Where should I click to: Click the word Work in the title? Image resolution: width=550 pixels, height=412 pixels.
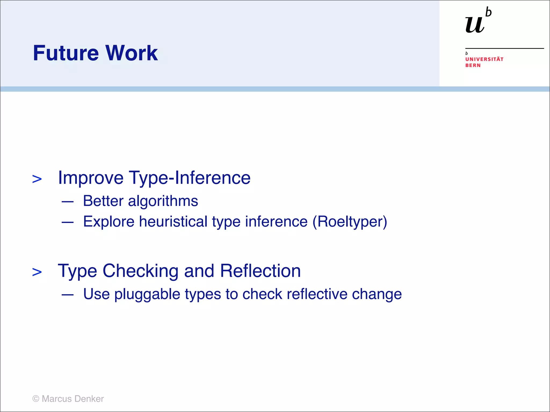131,53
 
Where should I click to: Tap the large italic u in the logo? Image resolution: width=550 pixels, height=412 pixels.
475,25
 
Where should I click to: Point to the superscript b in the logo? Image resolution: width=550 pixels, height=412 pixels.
489,13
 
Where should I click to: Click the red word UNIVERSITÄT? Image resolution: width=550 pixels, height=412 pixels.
484,59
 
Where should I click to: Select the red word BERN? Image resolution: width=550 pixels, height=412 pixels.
473,65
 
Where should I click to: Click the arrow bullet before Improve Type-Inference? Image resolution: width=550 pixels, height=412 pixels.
37,179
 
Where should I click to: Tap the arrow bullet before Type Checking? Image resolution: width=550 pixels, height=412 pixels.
37,272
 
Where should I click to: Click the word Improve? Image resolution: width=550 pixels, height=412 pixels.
91,178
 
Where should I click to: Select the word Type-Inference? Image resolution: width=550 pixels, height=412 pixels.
190,178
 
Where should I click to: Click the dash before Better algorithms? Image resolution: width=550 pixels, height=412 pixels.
67,201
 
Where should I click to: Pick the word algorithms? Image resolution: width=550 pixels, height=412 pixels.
163,201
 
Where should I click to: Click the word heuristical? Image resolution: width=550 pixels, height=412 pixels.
173,222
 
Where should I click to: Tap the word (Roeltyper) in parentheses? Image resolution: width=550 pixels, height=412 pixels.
350,222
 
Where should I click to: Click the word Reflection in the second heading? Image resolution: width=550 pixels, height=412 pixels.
260,271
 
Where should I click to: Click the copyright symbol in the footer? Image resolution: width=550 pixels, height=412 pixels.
36,399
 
